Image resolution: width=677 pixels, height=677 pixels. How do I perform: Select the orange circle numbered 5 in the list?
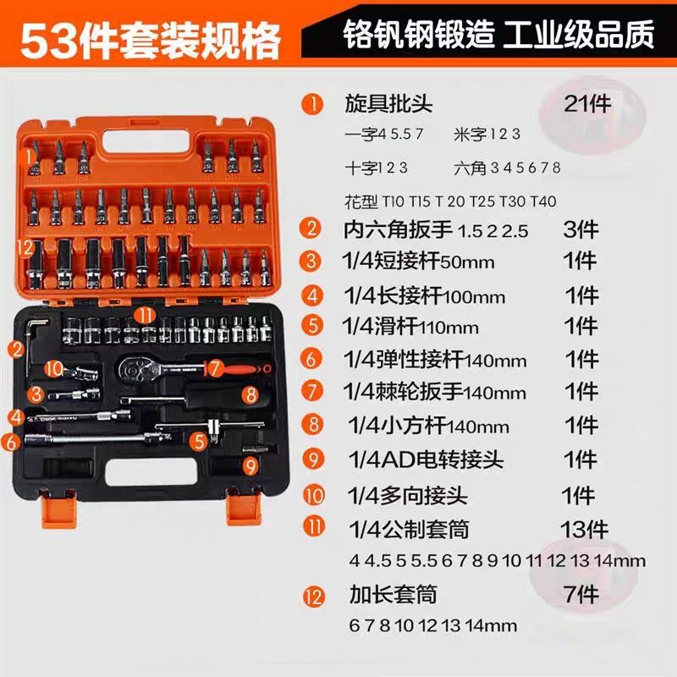point(311,326)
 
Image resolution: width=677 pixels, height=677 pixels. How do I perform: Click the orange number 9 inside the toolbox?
point(250,466)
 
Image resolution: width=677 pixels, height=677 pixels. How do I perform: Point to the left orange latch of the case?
point(59,509)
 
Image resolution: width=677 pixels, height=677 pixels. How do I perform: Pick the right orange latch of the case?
point(244,509)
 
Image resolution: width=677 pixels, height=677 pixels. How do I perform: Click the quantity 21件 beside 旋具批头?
point(587,104)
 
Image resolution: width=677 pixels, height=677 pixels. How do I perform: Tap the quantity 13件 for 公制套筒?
point(584,530)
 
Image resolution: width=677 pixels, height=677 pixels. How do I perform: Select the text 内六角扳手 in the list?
point(398,229)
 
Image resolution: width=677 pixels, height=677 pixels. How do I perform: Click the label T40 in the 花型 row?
point(543,201)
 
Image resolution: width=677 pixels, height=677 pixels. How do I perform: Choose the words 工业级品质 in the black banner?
point(579,35)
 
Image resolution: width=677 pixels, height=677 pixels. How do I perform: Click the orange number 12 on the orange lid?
point(25,247)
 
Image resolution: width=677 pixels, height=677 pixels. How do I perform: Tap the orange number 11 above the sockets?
point(145,316)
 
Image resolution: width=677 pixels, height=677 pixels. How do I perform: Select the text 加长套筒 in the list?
point(393,595)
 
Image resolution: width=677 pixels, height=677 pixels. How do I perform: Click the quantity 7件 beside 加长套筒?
point(581,595)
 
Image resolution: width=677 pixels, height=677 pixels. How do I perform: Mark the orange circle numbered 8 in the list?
point(312,425)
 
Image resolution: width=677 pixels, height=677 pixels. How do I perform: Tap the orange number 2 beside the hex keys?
point(17,349)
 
